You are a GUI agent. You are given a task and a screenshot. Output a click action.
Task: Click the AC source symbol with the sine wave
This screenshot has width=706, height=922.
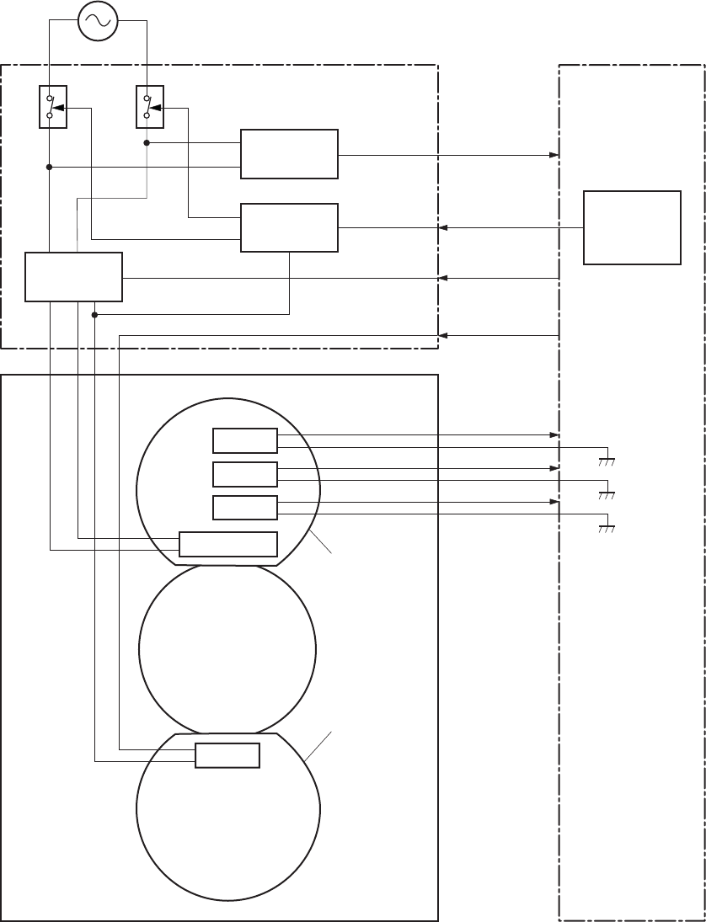click(98, 21)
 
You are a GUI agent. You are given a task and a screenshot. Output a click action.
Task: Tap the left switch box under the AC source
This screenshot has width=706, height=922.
click(52, 107)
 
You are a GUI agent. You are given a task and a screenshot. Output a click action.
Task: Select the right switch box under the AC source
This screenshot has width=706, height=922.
click(149, 107)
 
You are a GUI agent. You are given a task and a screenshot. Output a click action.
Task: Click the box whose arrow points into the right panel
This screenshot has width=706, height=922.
click(289, 154)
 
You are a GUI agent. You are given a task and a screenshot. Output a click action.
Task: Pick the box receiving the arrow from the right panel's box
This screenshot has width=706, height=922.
click(289, 227)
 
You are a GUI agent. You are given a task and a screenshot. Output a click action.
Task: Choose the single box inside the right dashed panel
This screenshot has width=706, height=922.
click(632, 227)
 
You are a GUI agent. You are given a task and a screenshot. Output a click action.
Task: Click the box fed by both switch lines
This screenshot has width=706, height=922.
click(74, 276)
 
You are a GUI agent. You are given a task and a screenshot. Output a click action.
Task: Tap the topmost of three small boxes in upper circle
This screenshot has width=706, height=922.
click(244, 441)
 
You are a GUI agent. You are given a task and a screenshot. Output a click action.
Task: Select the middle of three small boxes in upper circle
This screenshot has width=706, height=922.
click(244, 474)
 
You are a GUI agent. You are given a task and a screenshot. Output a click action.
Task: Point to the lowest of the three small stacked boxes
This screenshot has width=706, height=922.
click(244, 508)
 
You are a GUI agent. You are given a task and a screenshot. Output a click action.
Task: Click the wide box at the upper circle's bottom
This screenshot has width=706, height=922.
click(228, 545)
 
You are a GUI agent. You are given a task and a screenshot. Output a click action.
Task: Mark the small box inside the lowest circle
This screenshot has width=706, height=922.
click(227, 755)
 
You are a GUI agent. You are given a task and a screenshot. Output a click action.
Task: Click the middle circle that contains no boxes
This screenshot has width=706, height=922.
click(227, 648)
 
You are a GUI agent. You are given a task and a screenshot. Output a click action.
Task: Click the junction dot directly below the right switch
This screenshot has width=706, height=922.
click(147, 143)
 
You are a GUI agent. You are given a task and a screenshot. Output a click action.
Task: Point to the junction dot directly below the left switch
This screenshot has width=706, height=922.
click(50, 168)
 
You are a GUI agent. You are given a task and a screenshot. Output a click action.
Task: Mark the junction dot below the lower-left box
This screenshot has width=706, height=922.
click(94, 315)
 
